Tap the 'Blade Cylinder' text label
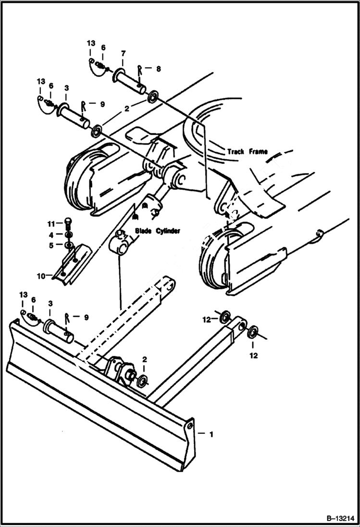pyautogui.click(x=157, y=231)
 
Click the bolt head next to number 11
pyautogui.click(x=67, y=223)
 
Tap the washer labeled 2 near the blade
pyautogui.click(x=142, y=382)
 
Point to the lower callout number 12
pyautogui.click(x=253, y=355)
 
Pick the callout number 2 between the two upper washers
pyautogui.click(x=126, y=109)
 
